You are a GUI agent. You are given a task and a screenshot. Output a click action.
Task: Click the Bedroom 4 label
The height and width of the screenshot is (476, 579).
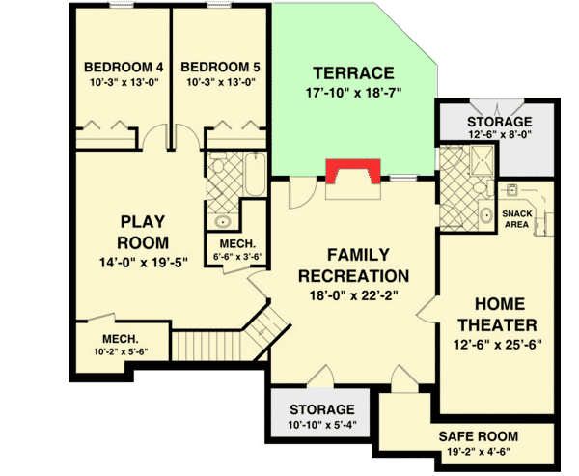coord(124,67)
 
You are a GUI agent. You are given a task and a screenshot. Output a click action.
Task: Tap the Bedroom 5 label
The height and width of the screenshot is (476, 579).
coord(220,67)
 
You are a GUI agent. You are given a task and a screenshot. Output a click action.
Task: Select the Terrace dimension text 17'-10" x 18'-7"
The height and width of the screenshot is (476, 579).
coord(353,94)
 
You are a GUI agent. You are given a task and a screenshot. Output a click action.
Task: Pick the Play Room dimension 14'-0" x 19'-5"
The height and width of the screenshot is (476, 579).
coord(143,261)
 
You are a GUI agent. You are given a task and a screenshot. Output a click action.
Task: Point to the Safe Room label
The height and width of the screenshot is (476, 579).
coord(479,435)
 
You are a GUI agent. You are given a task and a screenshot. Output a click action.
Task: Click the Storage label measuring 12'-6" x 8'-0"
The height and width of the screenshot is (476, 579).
coord(499,122)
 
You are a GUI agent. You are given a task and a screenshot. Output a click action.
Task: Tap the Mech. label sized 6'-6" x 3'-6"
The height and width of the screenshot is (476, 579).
coord(236,243)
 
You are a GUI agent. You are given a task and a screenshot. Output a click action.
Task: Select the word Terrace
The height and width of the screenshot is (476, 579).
coord(354,73)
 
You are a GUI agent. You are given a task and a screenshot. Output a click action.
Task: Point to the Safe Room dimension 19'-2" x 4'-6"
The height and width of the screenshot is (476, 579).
coord(479,450)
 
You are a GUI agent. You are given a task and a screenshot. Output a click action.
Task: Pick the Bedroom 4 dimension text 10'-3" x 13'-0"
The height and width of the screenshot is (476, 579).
coord(124,82)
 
